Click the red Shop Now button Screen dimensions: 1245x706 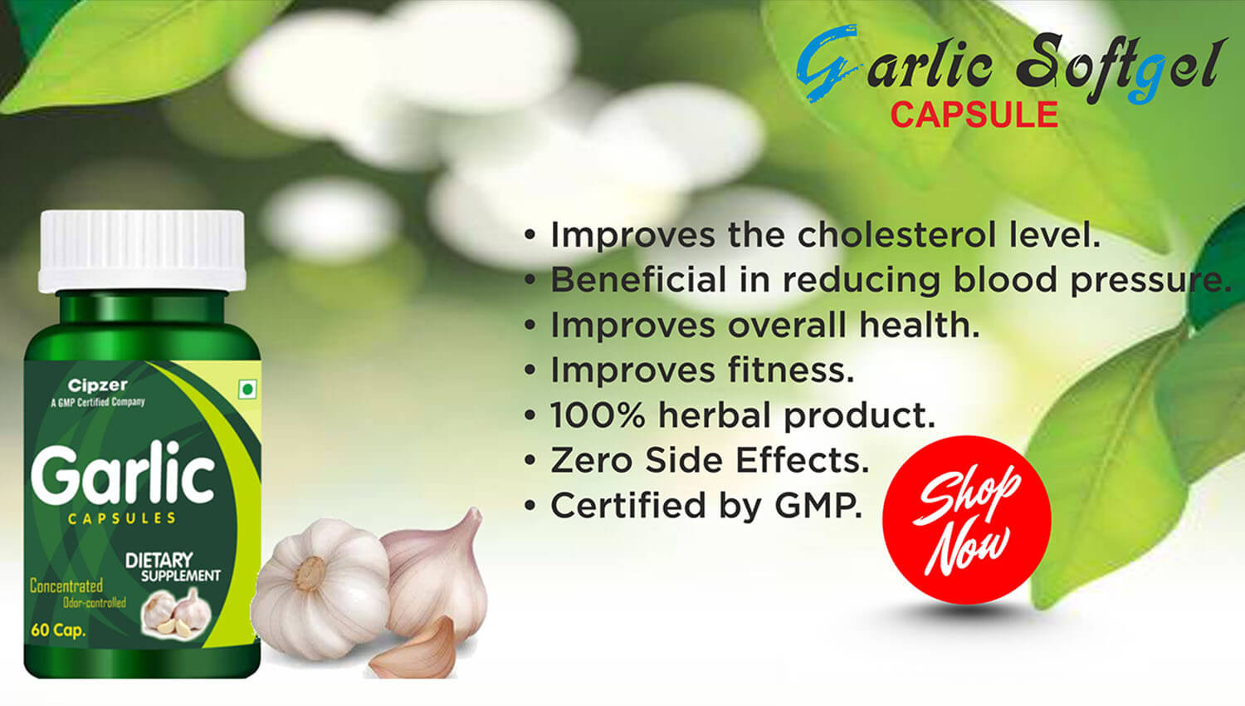point(967,520)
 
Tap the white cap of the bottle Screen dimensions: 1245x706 point(142,251)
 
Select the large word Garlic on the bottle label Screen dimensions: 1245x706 point(123,473)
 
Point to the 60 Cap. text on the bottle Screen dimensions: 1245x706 point(58,630)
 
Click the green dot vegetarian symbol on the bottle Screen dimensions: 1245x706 point(248,390)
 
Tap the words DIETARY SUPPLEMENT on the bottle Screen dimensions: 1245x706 point(173,567)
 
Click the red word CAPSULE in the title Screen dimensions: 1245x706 point(974,115)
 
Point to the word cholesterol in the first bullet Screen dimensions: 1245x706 point(896,235)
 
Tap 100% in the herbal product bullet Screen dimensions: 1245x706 point(598,415)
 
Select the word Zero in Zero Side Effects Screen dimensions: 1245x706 point(591,461)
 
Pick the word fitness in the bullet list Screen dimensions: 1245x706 point(791,370)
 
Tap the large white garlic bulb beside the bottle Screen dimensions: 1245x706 point(320,589)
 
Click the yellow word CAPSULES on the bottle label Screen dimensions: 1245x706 point(122,518)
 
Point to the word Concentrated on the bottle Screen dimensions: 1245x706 point(66,586)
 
